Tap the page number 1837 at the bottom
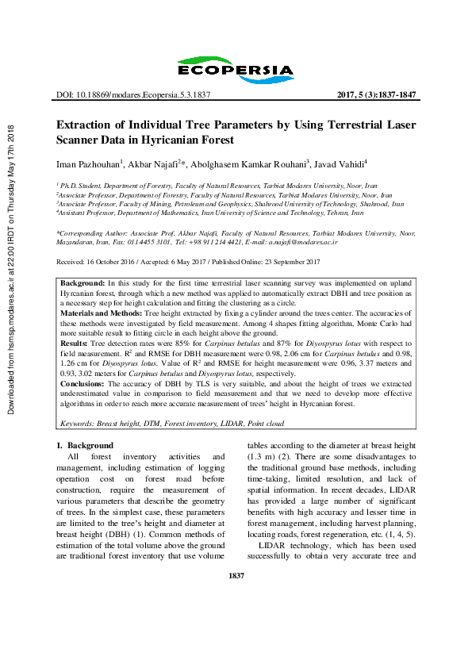coord(236,618)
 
